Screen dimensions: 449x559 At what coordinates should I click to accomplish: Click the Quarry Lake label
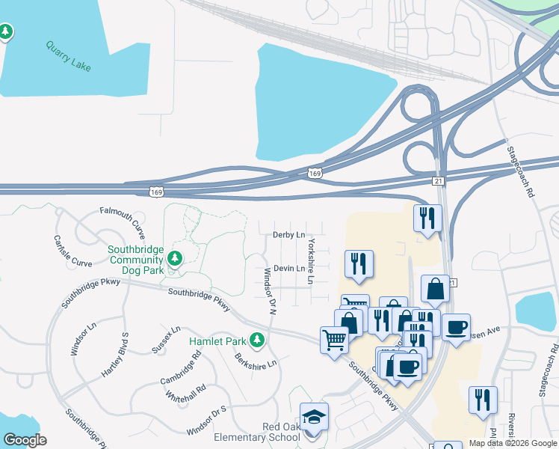(x=68, y=57)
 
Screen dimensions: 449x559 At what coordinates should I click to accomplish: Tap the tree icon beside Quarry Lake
(x=6, y=31)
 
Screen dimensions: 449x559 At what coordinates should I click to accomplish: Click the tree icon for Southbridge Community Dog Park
(x=175, y=259)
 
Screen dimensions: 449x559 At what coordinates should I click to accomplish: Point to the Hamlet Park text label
(x=217, y=341)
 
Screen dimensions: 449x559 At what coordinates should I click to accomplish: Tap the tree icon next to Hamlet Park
(x=257, y=340)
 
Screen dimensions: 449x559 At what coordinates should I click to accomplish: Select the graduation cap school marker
(x=314, y=416)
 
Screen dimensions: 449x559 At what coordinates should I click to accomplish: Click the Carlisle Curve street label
(x=72, y=251)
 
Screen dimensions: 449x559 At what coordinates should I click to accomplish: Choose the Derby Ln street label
(x=288, y=235)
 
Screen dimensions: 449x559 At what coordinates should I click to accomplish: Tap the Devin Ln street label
(x=289, y=268)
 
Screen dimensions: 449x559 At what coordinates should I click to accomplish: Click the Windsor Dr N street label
(x=267, y=292)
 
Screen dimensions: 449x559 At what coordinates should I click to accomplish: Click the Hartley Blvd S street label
(x=115, y=355)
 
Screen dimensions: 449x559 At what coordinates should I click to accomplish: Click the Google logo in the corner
(x=25, y=440)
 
